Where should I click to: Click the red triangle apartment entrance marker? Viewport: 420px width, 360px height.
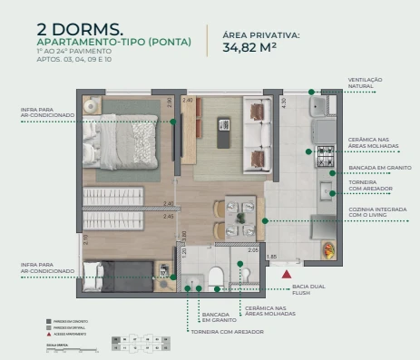point(288,271)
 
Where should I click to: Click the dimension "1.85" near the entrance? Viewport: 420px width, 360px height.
point(270,258)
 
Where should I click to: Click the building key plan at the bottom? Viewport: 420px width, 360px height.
point(141,343)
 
